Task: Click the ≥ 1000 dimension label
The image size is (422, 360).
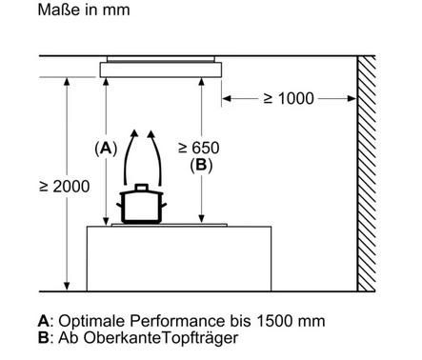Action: (x=289, y=98)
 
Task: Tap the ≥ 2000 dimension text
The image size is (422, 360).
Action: (x=65, y=187)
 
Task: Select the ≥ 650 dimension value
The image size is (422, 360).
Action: (x=199, y=148)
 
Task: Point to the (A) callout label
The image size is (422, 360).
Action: (x=106, y=149)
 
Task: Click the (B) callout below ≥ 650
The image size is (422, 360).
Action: (x=201, y=166)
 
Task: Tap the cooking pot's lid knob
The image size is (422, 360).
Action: (x=142, y=187)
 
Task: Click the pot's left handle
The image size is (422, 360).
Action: (x=119, y=205)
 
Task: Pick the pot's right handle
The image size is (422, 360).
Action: (x=164, y=205)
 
